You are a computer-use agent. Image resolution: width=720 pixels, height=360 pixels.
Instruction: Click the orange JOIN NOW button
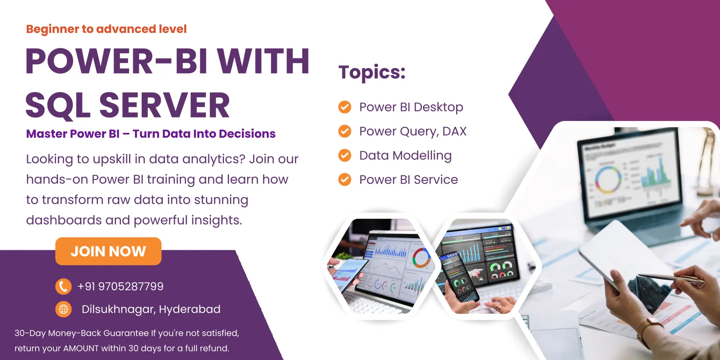(108, 251)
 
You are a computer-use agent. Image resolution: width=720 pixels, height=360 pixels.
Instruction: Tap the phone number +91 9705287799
(120, 286)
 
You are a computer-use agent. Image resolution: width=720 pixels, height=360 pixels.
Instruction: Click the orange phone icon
(63, 286)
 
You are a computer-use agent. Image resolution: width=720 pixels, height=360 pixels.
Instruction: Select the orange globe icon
(63, 309)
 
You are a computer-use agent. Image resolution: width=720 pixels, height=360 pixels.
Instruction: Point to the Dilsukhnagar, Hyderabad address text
(151, 309)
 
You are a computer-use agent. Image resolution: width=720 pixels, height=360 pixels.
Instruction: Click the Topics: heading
(372, 72)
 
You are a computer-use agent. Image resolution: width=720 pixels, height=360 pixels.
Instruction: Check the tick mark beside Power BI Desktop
(345, 107)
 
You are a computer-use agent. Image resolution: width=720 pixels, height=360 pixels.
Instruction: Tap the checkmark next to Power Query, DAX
(345, 131)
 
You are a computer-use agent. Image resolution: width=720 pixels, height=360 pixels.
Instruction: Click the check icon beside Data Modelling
(345, 155)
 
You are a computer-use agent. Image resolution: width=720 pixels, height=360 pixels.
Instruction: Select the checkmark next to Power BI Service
(345, 180)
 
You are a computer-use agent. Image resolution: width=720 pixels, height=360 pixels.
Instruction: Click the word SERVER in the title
(164, 105)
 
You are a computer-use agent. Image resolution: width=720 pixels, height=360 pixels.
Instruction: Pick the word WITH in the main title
(263, 61)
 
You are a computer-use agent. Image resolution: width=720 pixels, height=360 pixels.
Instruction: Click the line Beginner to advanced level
(106, 29)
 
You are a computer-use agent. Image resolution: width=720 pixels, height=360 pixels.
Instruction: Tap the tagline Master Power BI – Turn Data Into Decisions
(151, 134)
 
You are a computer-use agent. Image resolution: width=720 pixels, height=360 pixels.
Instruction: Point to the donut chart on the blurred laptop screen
(608, 179)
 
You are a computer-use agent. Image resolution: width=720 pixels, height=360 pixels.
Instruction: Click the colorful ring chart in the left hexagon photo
(421, 258)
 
